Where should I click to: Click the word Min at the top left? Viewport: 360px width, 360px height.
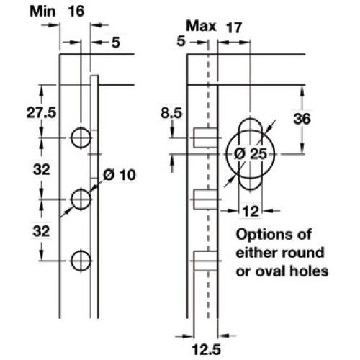pyautogui.click(x=42, y=12)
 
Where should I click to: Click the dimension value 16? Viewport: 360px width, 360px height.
pyautogui.click(x=76, y=12)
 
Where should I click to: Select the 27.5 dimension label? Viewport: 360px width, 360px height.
pyautogui.click(x=41, y=112)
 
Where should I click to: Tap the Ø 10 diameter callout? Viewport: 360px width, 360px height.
pyautogui.click(x=120, y=175)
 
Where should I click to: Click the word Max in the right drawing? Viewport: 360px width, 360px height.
pyautogui.click(x=201, y=26)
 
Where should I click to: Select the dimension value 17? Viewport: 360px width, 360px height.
pyautogui.click(x=234, y=27)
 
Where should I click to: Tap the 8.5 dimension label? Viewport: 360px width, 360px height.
pyautogui.click(x=171, y=113)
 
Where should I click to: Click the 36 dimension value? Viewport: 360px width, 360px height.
pyautogui.click(x=302, y=119)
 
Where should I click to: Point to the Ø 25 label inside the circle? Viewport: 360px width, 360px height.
pyautogui.click(x=251, y=154)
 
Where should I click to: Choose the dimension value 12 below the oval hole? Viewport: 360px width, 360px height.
pyautogui.click(x=251, y=212)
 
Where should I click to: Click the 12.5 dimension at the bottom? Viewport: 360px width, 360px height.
pyautogui.click(x=206, y=349)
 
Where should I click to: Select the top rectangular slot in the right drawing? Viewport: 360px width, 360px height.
pyautogui.click(x=205, y=138)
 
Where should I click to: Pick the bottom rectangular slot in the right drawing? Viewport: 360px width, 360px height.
pyautogui.click(x=205, y=261)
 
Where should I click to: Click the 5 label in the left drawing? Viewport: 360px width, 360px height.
pyautogui.click(x=115, y=42)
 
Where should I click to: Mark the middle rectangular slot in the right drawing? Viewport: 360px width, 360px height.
pyautogui.click(x=205, y=199)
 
